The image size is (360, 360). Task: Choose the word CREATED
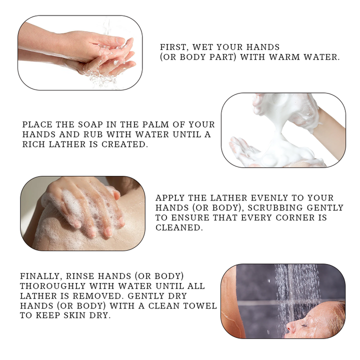pyautogui.click(x=124, y=144)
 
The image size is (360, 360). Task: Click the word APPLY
pyautogui.click(x=170, y=197)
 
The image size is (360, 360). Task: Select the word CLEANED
pyautogui.click(x=179, y=227)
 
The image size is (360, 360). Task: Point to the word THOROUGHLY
pyautogui.click(x=53, y=286)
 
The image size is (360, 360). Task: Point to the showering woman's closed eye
pyautogui.click(x=304, y=325)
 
